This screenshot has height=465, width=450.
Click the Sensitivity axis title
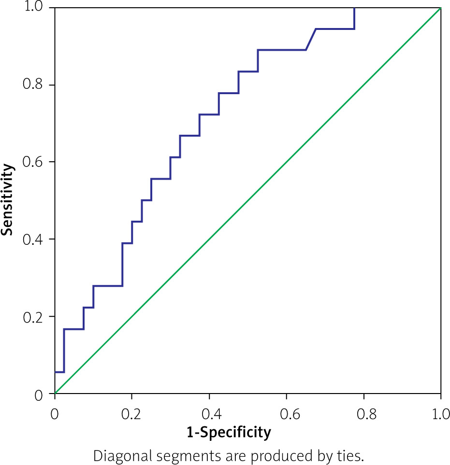coord(7,199)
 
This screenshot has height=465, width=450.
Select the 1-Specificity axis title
coord(229,432)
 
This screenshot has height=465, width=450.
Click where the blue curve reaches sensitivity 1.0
coord(354,9)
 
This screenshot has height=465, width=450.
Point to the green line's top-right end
coord(440,9)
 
